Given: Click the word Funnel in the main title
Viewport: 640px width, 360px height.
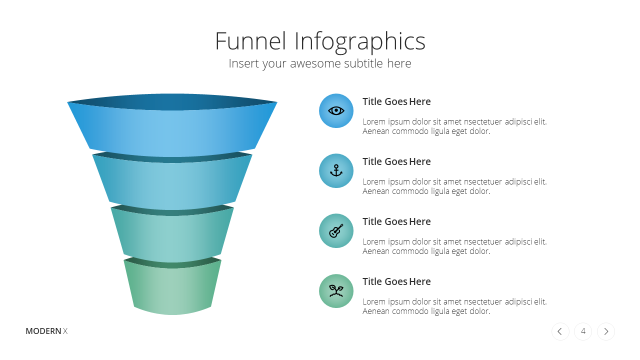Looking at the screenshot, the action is (250, 41).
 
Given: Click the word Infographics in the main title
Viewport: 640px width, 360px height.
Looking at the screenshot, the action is (360, 42).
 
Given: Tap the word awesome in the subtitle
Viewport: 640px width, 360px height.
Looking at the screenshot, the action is (316, 63).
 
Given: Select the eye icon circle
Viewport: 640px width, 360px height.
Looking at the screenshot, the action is (336, 111).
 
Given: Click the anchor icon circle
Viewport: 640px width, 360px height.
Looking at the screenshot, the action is (336, 171).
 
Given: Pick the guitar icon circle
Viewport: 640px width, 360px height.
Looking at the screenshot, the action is (336, 231).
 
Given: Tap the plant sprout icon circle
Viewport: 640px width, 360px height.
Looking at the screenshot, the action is (336, 291).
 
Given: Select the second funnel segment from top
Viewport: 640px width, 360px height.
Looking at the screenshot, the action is (172, 183).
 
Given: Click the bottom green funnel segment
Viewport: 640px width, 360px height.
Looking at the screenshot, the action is (172, 288).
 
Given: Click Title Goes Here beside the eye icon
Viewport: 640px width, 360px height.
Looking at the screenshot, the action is (396, 101).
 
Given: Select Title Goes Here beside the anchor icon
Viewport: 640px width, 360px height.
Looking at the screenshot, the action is (396, 161).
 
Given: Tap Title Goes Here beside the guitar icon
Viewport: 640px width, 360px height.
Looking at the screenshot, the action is (396, 221).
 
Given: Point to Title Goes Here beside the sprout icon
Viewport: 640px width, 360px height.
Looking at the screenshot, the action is (396, 281).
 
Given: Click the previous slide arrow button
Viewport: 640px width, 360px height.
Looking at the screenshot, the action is (560, 331).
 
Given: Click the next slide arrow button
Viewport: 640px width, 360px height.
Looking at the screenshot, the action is (606, 331).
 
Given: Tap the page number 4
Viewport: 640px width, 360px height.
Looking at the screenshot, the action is (583, 331).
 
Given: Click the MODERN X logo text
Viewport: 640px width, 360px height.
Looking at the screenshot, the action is (46, 331).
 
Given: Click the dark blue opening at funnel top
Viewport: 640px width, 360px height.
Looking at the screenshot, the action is (172, 101).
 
